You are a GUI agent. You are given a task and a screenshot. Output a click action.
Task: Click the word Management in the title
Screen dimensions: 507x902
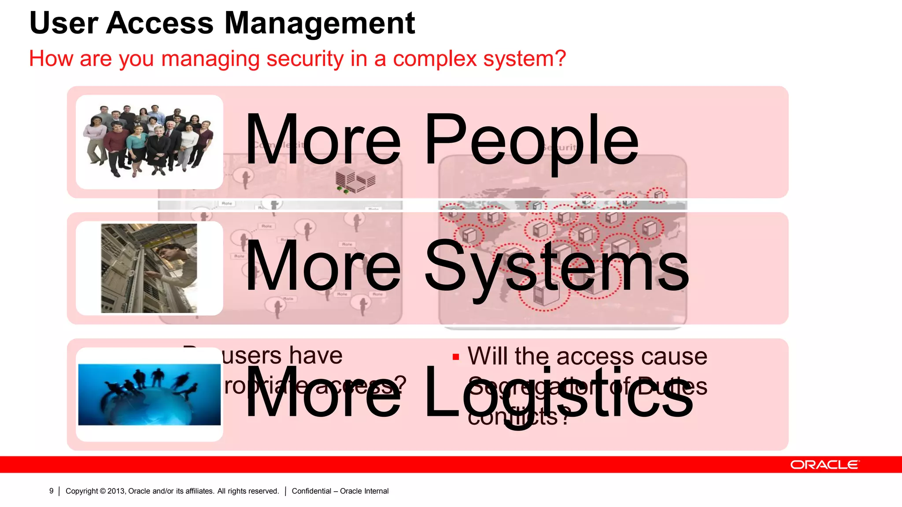click(320, 23)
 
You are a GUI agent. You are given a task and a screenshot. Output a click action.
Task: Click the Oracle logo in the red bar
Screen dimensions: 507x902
click(824, 465)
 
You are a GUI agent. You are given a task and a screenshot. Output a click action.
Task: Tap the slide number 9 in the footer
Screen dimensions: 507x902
click(51, 491)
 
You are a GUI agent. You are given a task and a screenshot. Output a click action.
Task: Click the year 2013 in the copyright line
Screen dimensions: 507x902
click(116, 491)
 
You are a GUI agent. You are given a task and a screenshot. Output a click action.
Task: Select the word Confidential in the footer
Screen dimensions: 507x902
click(311, 491)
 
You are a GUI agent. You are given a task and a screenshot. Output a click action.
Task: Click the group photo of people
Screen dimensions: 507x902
click(149, 142)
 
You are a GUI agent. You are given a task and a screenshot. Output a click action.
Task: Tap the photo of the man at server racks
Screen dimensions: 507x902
click(149, 268)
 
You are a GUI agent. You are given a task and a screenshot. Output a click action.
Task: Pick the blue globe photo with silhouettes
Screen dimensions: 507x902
click(149, 394)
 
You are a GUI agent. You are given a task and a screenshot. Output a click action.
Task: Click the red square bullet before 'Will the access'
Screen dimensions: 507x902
click(456, 357)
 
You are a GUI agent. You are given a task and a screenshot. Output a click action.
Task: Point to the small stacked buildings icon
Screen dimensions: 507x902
click(355, 181)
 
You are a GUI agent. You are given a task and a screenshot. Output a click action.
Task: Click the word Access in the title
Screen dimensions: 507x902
click(160, 23)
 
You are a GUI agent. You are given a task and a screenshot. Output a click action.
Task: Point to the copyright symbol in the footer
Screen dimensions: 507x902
click(103, 491)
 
